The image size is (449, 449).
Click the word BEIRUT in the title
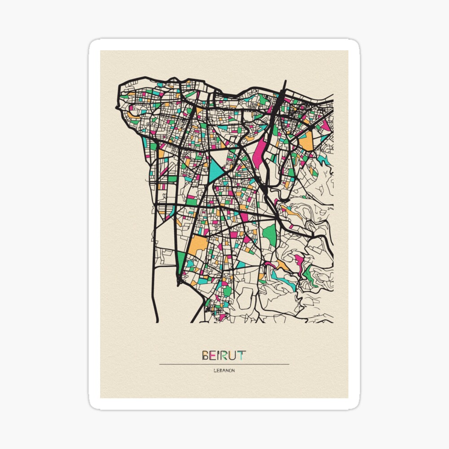(x=224, y=356)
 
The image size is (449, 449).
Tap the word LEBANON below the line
(x=224, y=370)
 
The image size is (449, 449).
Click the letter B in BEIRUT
(x=206, y=356)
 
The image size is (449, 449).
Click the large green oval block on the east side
(x=269, y=234)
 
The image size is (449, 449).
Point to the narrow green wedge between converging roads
(x=180, y=263)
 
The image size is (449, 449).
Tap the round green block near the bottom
(x=228, y=291)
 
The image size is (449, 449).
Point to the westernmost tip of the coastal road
(x=117, y=108)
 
